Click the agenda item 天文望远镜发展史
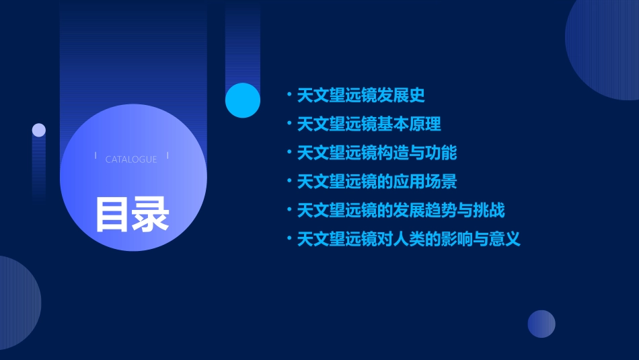(361, 96)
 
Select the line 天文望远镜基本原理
(369, 124)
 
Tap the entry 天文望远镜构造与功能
(377, 153)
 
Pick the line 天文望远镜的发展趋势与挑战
(401, 211)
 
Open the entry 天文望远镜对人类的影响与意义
(409, 239)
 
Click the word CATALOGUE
(131, 159)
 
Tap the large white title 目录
(132, 214)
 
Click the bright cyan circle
(243, 100)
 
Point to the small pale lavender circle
(39, 130)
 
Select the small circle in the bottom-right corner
(541, 324)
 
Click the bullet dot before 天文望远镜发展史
(289, 96)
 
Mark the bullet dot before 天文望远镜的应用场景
(289, 182)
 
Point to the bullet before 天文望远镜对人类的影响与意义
(289, 239)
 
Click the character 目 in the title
(112, 214)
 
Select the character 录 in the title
(151, 214)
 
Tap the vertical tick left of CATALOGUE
(96, 155)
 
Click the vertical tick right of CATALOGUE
(167, 155)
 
